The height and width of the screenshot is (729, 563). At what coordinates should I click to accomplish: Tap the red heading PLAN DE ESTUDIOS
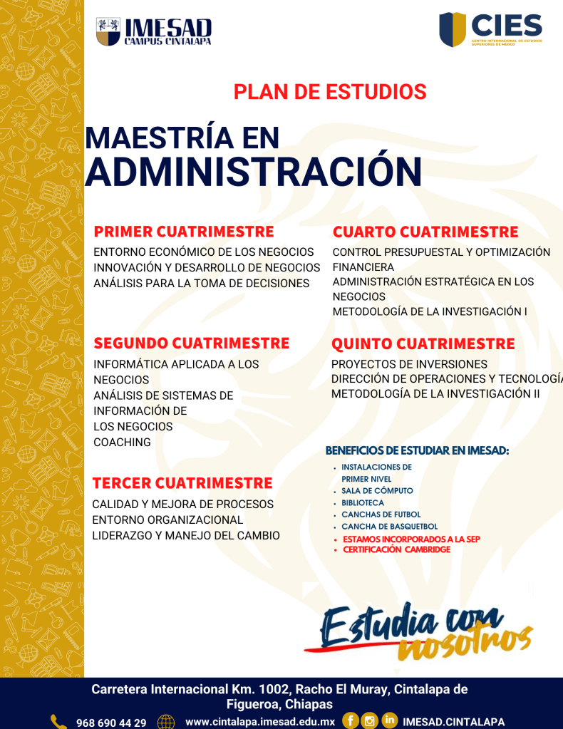[x=330, y=92]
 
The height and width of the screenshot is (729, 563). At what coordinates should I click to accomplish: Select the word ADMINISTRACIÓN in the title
[x=253, y=171]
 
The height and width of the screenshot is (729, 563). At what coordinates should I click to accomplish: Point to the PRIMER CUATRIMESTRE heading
[x=184, y=232]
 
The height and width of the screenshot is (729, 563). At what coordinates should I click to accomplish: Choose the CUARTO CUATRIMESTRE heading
[x=425, y=232]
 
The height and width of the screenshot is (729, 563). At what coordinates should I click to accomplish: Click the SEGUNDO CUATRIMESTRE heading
[x=192, y=343]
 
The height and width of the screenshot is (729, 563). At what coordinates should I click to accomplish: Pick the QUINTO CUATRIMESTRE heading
[x=423, y=344]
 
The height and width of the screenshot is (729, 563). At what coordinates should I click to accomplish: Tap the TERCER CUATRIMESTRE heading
[x=182, y=483]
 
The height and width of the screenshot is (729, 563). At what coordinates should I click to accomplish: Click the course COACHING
[x=123, y=443]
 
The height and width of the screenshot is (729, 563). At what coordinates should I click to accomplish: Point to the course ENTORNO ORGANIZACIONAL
[x=168, y=520]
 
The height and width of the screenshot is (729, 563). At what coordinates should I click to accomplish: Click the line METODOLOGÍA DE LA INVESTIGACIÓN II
[x=435, y=393]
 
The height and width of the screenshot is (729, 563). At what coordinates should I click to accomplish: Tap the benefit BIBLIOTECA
[x=363, y=503]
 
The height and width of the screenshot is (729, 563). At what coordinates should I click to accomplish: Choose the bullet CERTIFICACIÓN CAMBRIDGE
[x=396, y=550]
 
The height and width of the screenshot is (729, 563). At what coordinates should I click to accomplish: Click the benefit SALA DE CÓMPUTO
[x=377, y=491]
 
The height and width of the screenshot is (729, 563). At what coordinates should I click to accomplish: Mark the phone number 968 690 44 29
[x=111, y=723]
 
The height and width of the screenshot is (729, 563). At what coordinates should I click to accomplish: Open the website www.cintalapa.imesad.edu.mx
[x=260, y=722]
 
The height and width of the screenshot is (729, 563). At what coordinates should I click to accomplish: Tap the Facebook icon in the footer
[x=350, y=721]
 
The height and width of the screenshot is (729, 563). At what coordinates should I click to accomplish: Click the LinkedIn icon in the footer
[x=390, y=721]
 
